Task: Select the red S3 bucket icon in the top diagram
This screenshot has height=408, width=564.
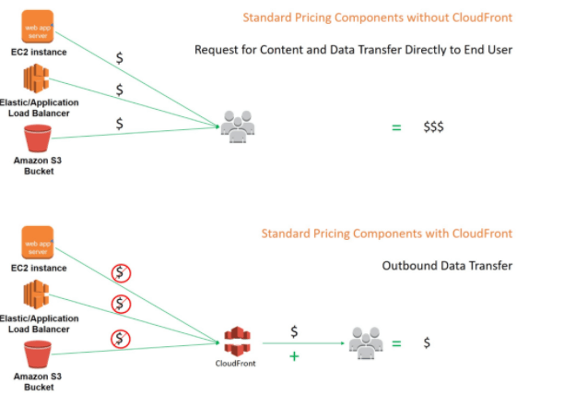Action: (38, 138)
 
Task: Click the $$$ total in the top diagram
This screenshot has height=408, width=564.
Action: (433, 127)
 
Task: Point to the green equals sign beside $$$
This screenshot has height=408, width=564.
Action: (396, 127)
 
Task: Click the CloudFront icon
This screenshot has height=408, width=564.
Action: (239, 342)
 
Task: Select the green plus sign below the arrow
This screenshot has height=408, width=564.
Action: (294, 355)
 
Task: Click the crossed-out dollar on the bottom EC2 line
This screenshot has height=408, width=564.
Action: (119, 272)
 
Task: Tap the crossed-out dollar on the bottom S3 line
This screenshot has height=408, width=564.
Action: (119, 337)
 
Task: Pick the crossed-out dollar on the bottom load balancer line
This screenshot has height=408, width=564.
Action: (119, 304)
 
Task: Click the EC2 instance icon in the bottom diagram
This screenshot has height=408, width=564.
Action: (39, 244)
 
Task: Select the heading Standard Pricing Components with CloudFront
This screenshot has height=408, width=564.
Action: (386, 234)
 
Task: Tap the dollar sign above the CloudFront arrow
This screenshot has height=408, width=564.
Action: (294, 330)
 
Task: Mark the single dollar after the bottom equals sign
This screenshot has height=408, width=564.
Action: (427, 342)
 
